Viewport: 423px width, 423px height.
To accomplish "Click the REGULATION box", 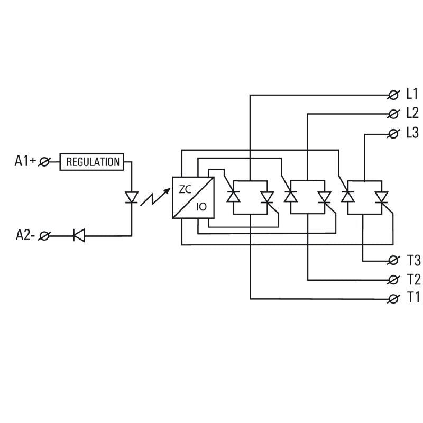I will point(93,162).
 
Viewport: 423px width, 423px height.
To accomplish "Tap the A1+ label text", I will point(25,162).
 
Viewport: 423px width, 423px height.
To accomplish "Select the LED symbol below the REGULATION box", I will point(131,197).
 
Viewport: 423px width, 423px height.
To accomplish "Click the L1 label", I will point(412,95).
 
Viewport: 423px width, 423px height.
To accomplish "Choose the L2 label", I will point(412,113).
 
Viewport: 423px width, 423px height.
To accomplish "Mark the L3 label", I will point(412,133).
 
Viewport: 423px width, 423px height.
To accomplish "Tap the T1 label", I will point(413,298).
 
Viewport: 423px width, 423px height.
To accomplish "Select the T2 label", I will point(413,279).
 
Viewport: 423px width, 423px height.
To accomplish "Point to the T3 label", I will point(413,261).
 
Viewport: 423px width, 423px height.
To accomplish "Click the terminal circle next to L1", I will point(393,95).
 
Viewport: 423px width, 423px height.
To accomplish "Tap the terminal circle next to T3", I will point(393,261).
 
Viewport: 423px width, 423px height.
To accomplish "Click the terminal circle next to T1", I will point(393,299).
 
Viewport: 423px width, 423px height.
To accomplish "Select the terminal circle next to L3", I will point(393,133).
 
